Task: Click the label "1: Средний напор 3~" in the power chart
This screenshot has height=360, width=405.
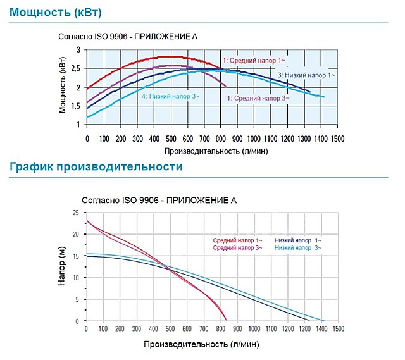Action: point(258,98)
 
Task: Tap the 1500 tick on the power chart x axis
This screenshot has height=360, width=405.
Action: point(337,138)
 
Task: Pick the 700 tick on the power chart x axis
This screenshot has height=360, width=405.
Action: point(204,138)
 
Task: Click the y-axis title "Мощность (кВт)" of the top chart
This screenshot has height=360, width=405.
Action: point(63,87)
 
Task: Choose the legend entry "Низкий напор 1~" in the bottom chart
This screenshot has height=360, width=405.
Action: point(297,240)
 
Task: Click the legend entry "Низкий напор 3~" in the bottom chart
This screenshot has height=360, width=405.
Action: point(297,248)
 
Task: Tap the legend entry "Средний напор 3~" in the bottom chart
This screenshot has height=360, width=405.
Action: point(236,248)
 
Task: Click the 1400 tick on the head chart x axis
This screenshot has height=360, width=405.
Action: point(321,330)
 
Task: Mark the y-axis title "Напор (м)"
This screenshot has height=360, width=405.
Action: point(62,268)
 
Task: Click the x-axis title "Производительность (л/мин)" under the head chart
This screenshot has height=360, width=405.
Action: point(201,346)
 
